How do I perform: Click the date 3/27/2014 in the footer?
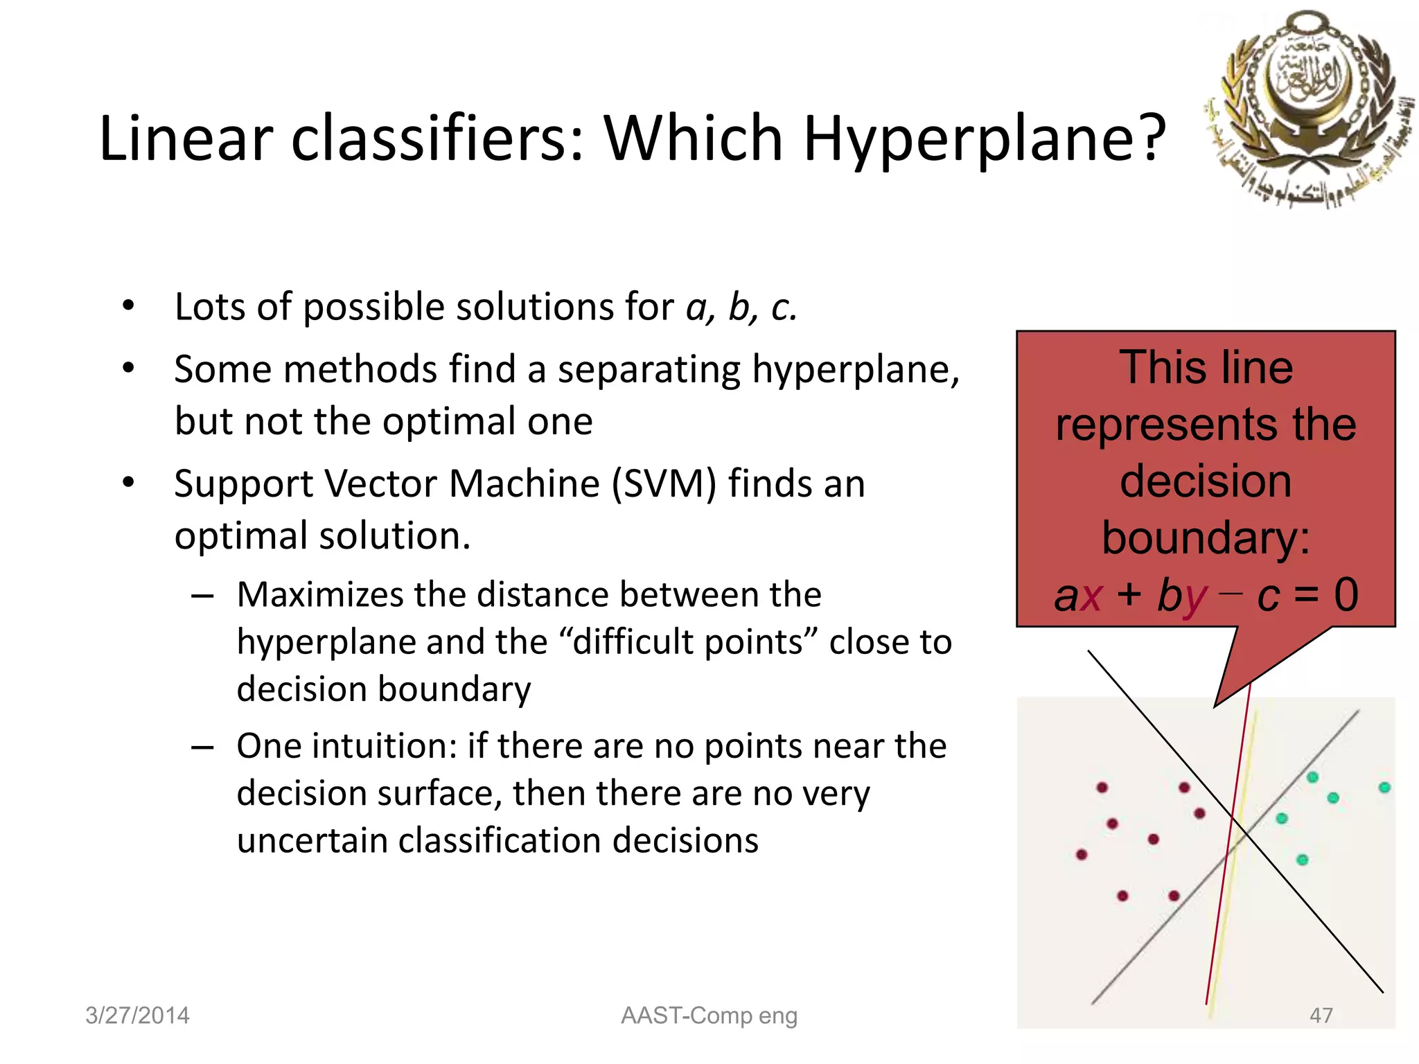[137, 1016]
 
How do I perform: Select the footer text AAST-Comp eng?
[709, 1016]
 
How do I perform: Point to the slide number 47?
[1321, 1016]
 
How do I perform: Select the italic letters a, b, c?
[741, 307]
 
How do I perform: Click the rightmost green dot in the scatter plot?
[1384, 788]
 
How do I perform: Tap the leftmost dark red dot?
[1082, 854]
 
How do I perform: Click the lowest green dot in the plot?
[1302, 860]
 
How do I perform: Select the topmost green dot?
[1312, 777]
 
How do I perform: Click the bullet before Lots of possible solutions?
[128, 305]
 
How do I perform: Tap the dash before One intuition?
[202, 747]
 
